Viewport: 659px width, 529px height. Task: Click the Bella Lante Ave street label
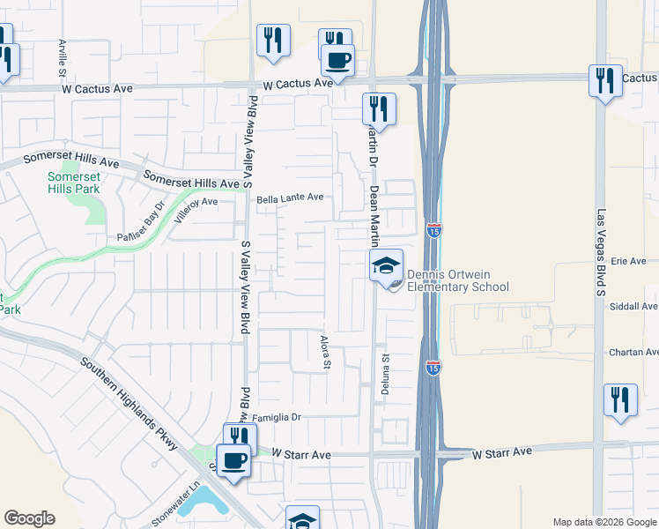pyautogui.click(x=290, y=198)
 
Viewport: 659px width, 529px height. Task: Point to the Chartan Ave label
pyautogui.click(x=633, y=353)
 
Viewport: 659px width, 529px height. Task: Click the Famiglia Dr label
pyautogui.click(x=277, y=417)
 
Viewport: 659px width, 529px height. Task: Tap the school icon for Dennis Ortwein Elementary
pyautogui.click(x=386, y=265)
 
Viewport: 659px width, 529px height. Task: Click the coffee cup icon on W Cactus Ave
pyautogui.click(x=337, y=61)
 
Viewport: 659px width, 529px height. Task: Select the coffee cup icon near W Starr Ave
pyautogui.click(x=233, y=461)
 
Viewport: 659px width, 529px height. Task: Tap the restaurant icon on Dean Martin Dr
pyautogui.click(x=379, y=108)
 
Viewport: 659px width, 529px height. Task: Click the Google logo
pyautogui.click(x=29, y=518)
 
